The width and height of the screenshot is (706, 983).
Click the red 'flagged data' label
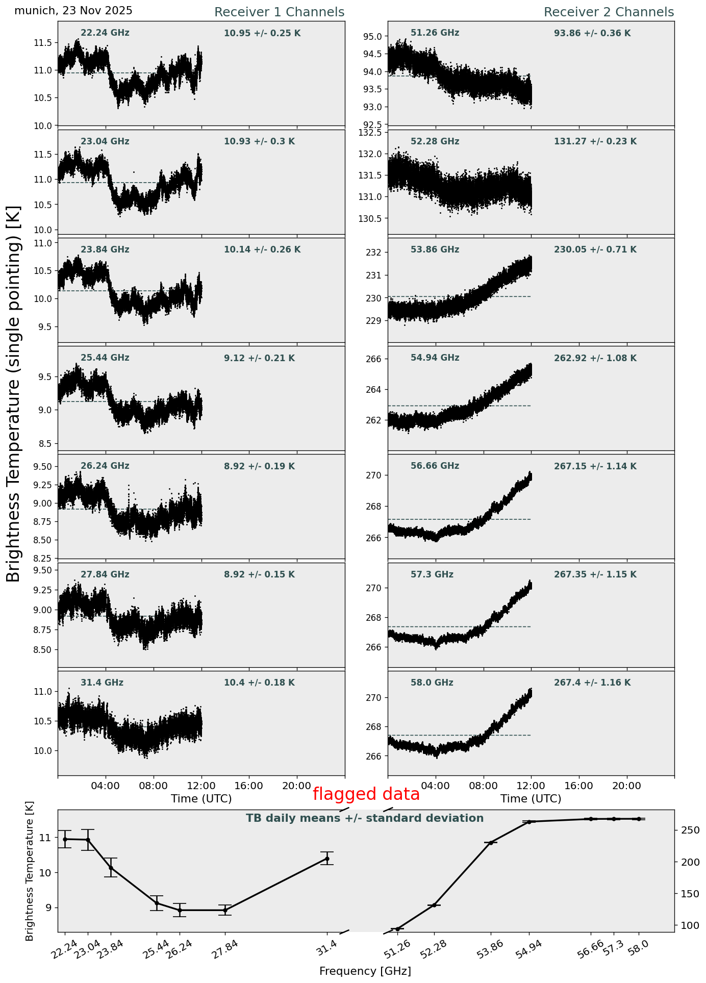(x=366, y=794)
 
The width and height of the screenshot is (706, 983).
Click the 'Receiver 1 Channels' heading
(x=279, y=12)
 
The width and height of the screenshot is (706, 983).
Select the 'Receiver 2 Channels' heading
(x=609, y=12)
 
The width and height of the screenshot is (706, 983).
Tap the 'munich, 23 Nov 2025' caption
(x=73, y=11)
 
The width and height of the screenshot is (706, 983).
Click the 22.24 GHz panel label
(x=105, y=33)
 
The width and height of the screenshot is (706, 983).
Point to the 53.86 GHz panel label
(x=435, y=250)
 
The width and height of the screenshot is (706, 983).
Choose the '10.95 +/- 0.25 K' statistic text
(x=262, y=34)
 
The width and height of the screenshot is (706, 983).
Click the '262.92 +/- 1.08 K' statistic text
(x=595, y=359)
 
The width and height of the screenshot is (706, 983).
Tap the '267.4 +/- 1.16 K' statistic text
(x=592, y=683)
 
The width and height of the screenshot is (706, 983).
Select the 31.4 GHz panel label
(x=102, y=683)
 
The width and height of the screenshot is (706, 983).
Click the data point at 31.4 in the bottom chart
(x=327, y=859)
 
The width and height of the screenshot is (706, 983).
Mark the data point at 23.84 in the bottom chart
(x=111, y=868)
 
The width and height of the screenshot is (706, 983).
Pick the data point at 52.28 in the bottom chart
(x=435, y=905)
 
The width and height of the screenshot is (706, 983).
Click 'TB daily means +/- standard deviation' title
(x=365, y=819)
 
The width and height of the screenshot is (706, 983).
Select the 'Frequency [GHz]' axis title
(x=365, y=971)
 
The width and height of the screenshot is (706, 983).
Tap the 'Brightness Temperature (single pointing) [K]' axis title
(x=14, y=393)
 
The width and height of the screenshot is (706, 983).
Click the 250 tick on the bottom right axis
(x=690, y=830)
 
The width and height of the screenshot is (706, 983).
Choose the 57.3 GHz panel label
(x=432, y=575)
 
